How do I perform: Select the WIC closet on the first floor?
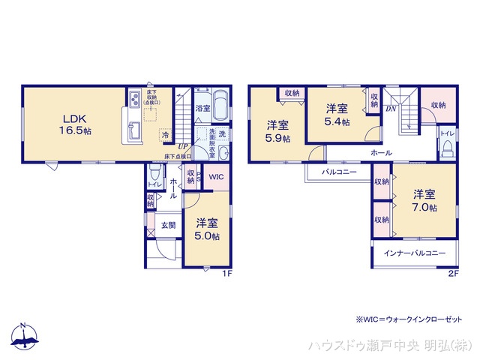(214, 177)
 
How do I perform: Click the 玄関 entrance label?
(167, 224)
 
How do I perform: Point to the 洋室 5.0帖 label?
(208, 229)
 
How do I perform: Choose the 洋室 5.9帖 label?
(277, 132)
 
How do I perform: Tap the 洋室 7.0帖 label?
(423, 201)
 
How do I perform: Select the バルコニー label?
(338, 172)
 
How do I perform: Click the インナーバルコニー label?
(415, 253)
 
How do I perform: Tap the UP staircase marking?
(183, 146)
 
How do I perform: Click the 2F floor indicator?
(452, 274)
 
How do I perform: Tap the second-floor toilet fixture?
(446, 146)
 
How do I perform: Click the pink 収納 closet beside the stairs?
(438, 106)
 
